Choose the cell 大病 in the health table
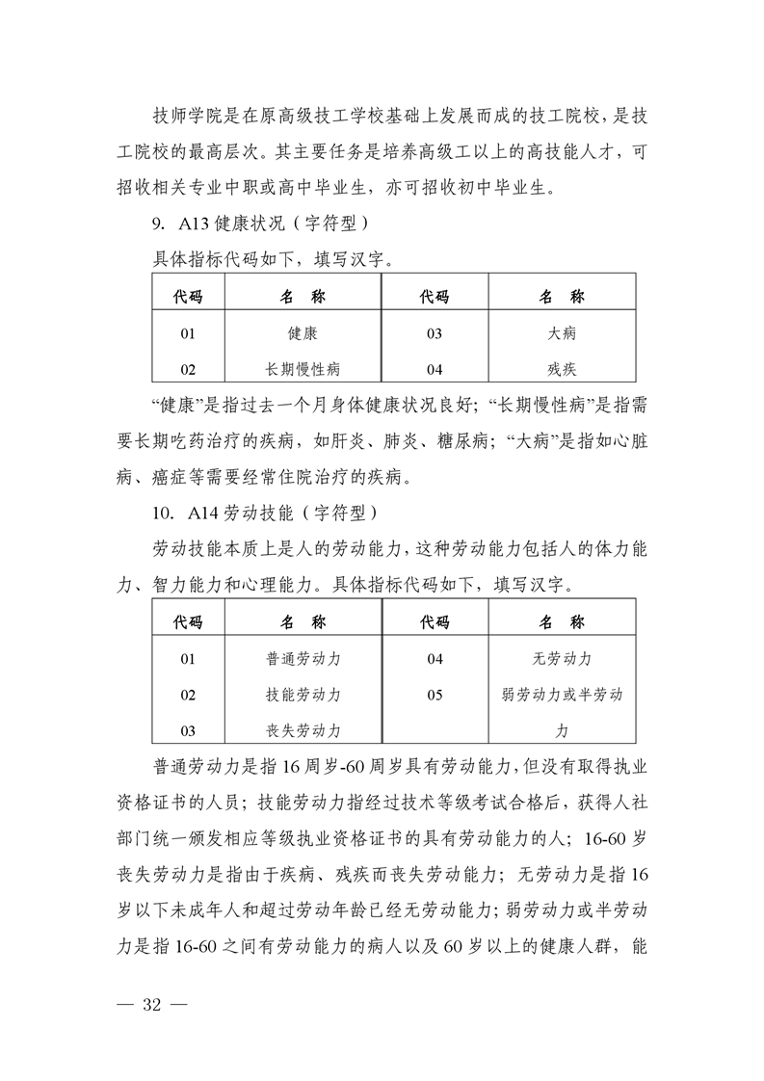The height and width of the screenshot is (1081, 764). [x=562, y=334]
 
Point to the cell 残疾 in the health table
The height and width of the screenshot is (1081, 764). [x=562, y=369]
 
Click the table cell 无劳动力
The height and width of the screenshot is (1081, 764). [x=562, y=659]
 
